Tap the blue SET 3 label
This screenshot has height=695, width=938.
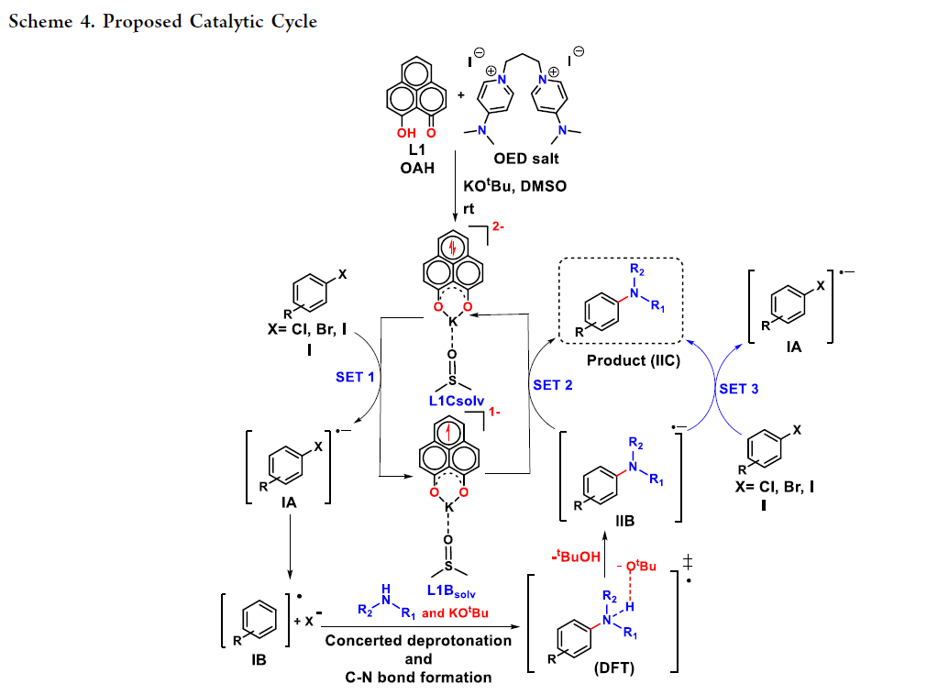(x=738, y=389)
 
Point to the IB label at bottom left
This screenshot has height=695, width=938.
(x=259, y=656)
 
